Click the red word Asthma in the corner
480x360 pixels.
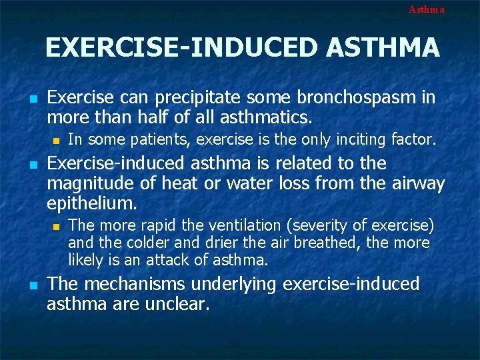pos(426,9)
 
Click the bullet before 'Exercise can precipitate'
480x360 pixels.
pos(32,99)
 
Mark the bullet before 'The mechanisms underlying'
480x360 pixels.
pos(32,285)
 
